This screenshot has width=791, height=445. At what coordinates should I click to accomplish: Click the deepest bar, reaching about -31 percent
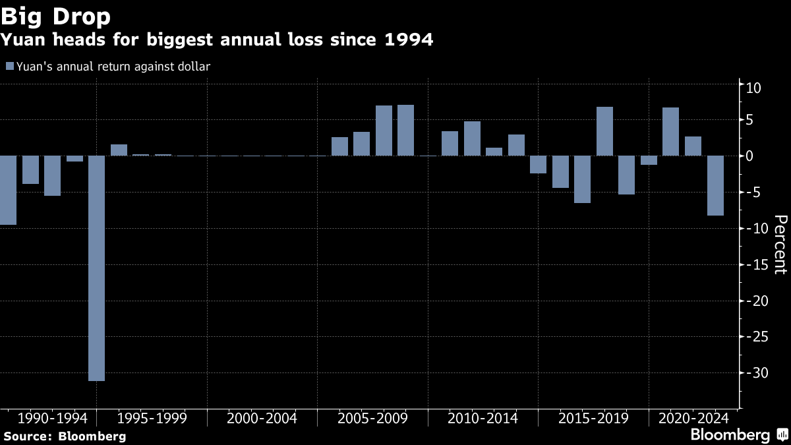(96, 268)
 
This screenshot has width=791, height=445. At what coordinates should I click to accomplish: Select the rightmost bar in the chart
(715, 185)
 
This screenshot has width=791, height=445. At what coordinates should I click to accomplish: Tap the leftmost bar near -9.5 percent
(8, 190)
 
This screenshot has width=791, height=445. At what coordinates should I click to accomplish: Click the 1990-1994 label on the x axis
(53, 418)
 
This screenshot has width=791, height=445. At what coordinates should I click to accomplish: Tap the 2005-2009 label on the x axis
(372, 418)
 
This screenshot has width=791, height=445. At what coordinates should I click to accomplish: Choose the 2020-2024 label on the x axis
(693, 418)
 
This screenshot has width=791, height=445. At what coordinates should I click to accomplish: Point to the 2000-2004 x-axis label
(262, 418)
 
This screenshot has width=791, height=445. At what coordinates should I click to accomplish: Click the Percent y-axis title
(780, 244)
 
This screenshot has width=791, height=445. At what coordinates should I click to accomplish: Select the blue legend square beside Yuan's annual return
(9, 66)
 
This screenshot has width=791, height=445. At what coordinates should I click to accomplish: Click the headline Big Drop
(55, 15)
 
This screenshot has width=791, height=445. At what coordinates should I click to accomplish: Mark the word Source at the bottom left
(26, 436)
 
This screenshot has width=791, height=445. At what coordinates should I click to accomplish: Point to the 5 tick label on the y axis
(750, 120)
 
